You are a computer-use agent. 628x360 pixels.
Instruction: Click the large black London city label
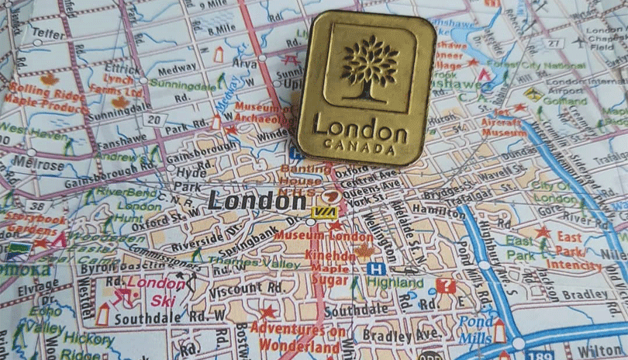247,200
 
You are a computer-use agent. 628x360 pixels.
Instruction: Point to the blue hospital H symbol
376,268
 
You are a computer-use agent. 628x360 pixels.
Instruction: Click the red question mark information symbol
445,286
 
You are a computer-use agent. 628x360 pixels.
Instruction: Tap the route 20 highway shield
156,119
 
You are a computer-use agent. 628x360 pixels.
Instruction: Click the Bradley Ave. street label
406,335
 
